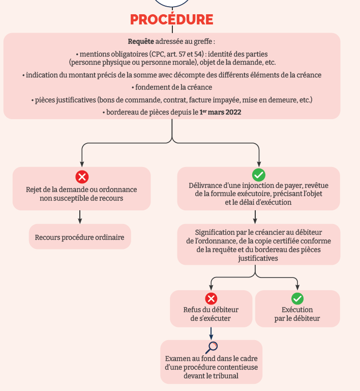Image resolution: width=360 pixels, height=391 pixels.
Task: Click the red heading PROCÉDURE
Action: tap(171, 20)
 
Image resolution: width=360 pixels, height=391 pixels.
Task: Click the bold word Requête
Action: tap(140, 41)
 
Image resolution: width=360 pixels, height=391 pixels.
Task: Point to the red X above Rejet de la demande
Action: tap(82, 177)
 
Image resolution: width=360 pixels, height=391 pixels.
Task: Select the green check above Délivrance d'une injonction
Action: tap(259, 175)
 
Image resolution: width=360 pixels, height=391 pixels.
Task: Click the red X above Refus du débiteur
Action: tap(211, 299)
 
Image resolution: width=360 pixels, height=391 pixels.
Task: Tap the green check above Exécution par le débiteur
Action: tap(297, 299)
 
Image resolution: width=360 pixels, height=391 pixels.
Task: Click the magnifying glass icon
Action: tap(212, 347)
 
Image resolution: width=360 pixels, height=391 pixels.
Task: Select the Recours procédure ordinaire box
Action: tap(80, 237)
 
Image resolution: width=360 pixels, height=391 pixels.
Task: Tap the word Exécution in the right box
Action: tap(297, 310)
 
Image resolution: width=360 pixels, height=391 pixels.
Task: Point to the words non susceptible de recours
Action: tap(81, 198)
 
